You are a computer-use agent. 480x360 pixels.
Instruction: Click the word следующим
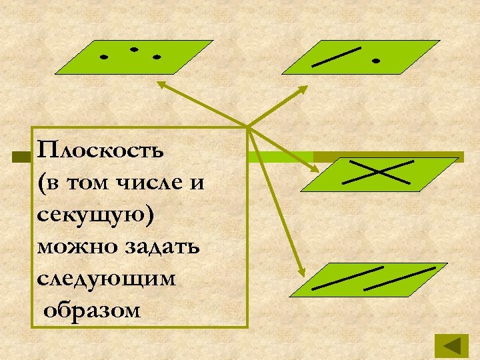point(107,279)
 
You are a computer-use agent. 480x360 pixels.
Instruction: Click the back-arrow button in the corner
point(452,347)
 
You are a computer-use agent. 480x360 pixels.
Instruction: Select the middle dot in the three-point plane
point(134,49)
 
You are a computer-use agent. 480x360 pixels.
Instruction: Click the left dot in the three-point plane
point(103,57)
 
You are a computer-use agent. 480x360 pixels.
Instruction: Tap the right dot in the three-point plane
point(157,57)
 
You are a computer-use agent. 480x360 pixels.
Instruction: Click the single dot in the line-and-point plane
point(376,61)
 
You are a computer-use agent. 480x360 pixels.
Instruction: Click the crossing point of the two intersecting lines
point(377,171)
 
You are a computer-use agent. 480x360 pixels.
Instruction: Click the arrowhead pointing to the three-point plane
point(160,83)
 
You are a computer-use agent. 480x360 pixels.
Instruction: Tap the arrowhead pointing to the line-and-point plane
point(305,88)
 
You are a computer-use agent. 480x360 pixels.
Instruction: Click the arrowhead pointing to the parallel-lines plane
point(301,273)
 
